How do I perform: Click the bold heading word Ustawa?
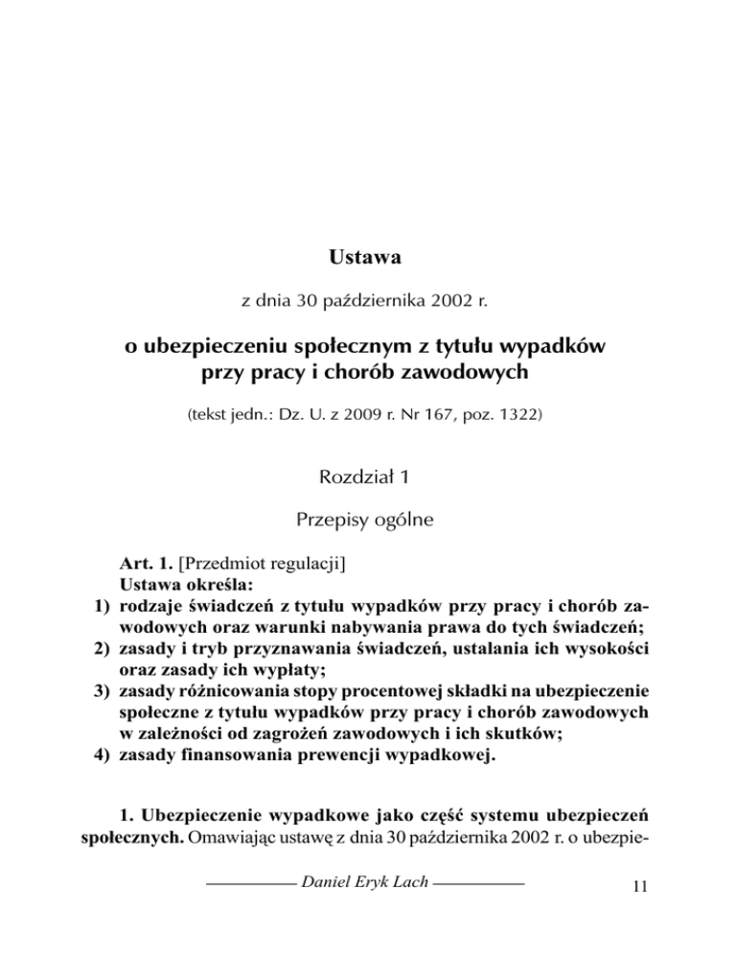(367, 257)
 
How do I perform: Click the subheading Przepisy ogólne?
(368, 522)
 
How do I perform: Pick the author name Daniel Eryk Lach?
(368, 907)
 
